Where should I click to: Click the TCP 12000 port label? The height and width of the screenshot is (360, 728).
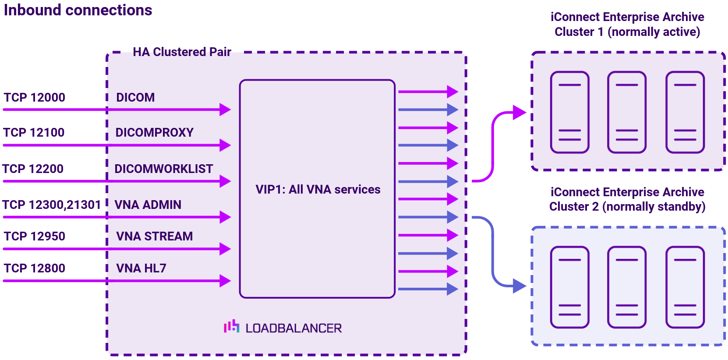[x=34, y=97]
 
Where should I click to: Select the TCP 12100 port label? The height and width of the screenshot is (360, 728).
[x=34, y=132]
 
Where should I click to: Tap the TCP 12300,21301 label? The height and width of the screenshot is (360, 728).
[x=51, y=205]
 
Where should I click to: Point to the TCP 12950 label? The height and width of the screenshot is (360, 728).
[x=34, y=236]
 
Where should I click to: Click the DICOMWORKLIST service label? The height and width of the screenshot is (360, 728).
[x=163, y=169]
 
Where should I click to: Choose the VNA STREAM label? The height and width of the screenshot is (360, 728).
[x=154, y=236]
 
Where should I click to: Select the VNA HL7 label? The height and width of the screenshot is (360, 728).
[x=141, y=268]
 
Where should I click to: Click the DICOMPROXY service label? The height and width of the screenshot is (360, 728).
[x=154, y=132]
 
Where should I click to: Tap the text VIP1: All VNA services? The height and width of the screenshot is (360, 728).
[x=318, y=189]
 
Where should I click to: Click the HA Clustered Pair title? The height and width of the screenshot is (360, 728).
[x=182, y=52]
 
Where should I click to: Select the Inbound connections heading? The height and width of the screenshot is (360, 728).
[x=78, y=10]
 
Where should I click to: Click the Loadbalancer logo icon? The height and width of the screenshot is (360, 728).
[x=231, y=326]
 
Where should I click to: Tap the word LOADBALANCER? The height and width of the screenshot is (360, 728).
[x=293, y=328]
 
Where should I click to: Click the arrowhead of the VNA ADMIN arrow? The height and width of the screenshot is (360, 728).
[x=225, y=217]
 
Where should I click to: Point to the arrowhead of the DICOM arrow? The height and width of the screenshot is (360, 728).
[x=225, y=109]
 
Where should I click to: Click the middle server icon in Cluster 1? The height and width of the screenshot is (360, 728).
[x=626, y=112]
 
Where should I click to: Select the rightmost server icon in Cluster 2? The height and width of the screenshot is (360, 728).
[x=685, y=287]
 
